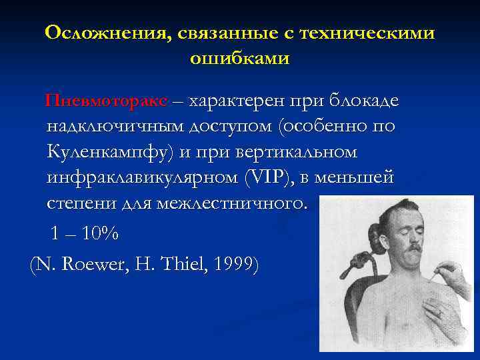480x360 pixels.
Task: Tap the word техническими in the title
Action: [366, 33]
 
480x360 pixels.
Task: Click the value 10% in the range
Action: [101, 234]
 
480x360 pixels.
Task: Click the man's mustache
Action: [411, 248]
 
